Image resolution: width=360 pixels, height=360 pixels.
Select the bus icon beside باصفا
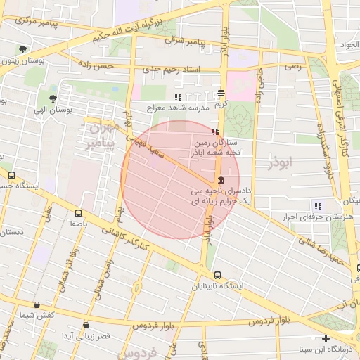tap(77, 212)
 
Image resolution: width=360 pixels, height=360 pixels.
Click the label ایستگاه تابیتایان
tap(217, 287)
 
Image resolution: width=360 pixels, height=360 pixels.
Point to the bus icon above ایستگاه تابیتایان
tap(217, 275)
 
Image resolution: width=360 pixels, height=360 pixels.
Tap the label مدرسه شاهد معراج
tap(179, 109)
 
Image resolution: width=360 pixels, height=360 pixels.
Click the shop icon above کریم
tap(221, 92)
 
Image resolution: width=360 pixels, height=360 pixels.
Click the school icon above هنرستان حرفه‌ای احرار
tap(318, 206)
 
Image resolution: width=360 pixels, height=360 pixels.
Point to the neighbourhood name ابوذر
tap(278, 163)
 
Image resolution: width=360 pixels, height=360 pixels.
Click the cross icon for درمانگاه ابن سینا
tap(325, 338)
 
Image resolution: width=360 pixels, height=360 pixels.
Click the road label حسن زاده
tap(116, 65)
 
